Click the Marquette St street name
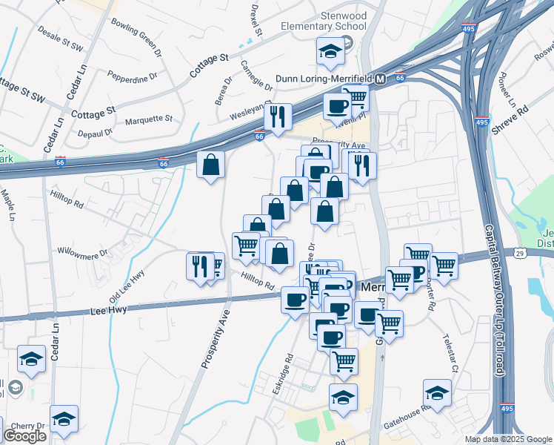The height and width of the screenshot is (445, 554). click(x=148, y=119)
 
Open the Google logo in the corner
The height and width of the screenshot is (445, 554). click(x=24, y=436)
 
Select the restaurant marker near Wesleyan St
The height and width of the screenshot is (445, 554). click(x=278, y=117)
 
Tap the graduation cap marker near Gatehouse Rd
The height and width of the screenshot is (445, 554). click(x=437, y=394)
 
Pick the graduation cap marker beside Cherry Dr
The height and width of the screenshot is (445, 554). click(x=64, y=419)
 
